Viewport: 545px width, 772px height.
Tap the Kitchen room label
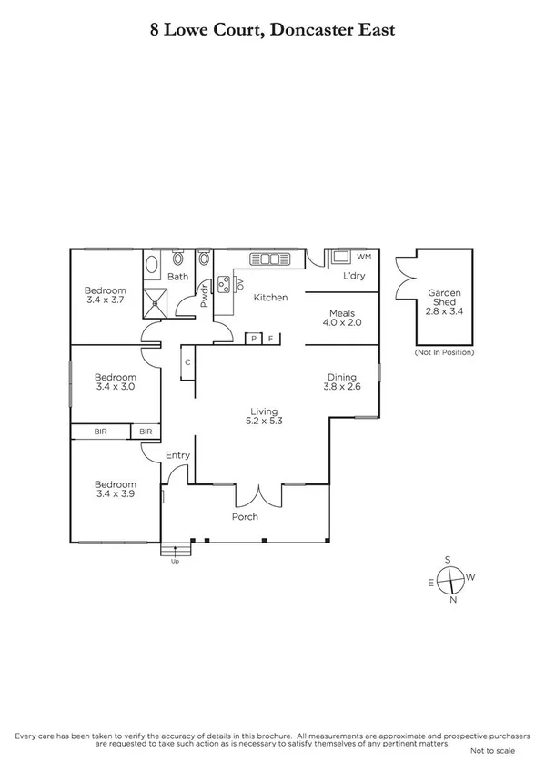coord(270,298)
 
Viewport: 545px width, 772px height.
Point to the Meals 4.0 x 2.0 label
coord(345,317)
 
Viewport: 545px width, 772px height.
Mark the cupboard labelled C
coord(187,362)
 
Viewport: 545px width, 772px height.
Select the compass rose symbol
coord(450,578)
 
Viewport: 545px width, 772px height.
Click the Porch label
coord(245,517)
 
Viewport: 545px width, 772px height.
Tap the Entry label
coord(177,455)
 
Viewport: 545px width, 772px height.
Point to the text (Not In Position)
coord(444,351)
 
